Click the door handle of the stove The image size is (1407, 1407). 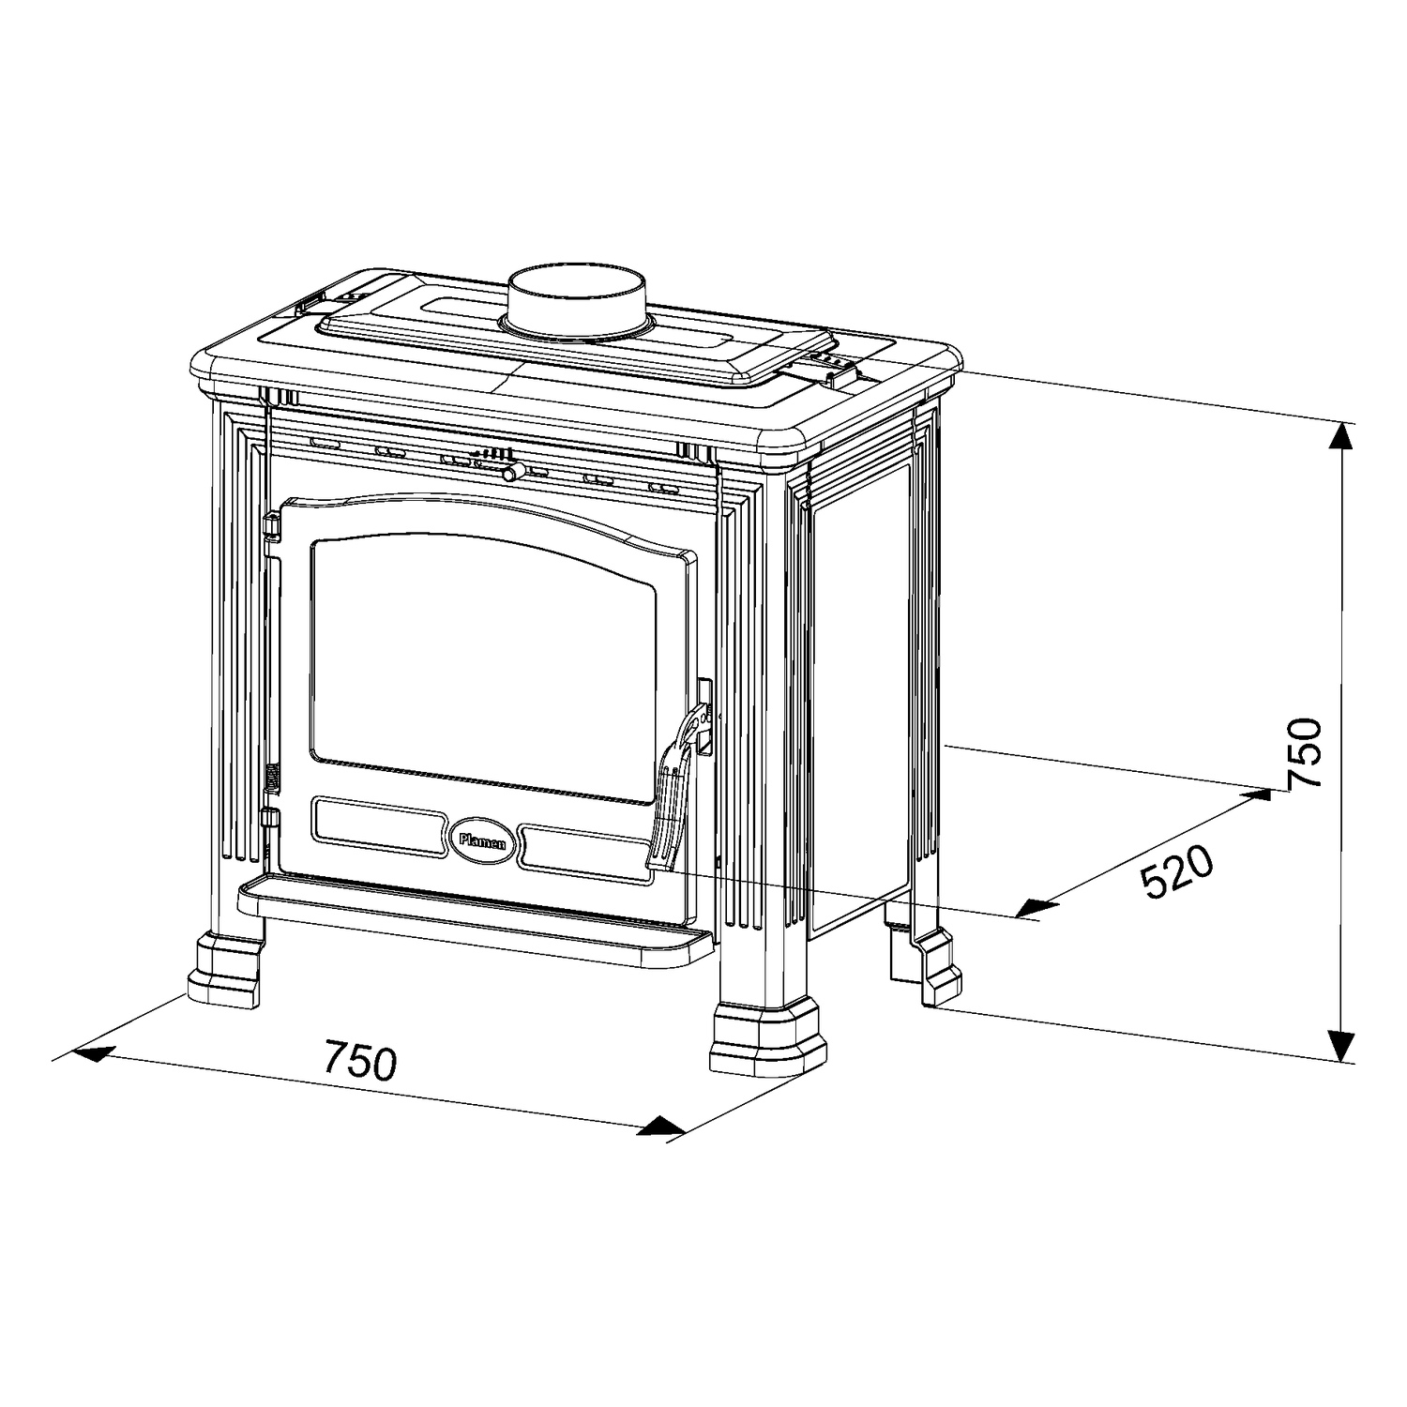pos(677,788)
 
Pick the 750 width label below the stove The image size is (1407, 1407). pos(361,1060)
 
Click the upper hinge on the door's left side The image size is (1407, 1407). pos(271,526)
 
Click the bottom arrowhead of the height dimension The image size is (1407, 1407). pos(1343,1042)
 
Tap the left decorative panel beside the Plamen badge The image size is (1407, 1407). pos(379,820)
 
